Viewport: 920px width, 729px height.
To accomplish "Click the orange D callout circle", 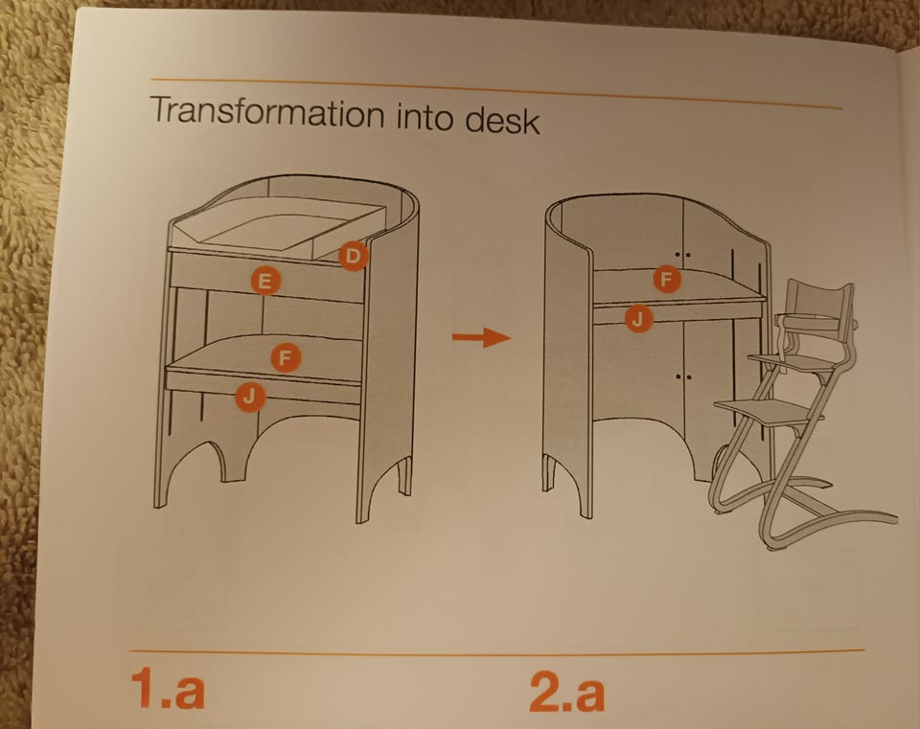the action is tap(353, 256).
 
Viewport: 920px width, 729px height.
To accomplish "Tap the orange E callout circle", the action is tap(264, 282).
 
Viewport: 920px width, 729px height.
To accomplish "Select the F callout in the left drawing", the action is tap(286, 357).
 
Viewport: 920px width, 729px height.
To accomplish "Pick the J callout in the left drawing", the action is tap(250, 397).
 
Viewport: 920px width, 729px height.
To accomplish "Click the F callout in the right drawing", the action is tap(667, 279).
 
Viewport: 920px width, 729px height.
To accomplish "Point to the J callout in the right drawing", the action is tap(638, 319).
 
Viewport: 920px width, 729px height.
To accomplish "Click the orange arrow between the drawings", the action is tap(482, 337).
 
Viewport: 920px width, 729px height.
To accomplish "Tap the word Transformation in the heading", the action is tap(267, 112).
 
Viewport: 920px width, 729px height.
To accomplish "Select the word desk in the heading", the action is tap(502, 120).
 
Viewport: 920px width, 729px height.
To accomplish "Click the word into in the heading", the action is tap(425, 116).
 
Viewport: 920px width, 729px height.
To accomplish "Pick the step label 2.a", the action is tap(566, 692).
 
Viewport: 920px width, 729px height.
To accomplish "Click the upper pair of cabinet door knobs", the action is tap(682, 255).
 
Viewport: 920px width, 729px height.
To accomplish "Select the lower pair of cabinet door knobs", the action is tap(683, 376).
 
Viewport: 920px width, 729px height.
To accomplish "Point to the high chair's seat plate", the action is tap(788, 362).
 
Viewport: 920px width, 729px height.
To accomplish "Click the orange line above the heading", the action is tap(495, 93).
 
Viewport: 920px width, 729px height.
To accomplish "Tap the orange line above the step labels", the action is tap(496, 650).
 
